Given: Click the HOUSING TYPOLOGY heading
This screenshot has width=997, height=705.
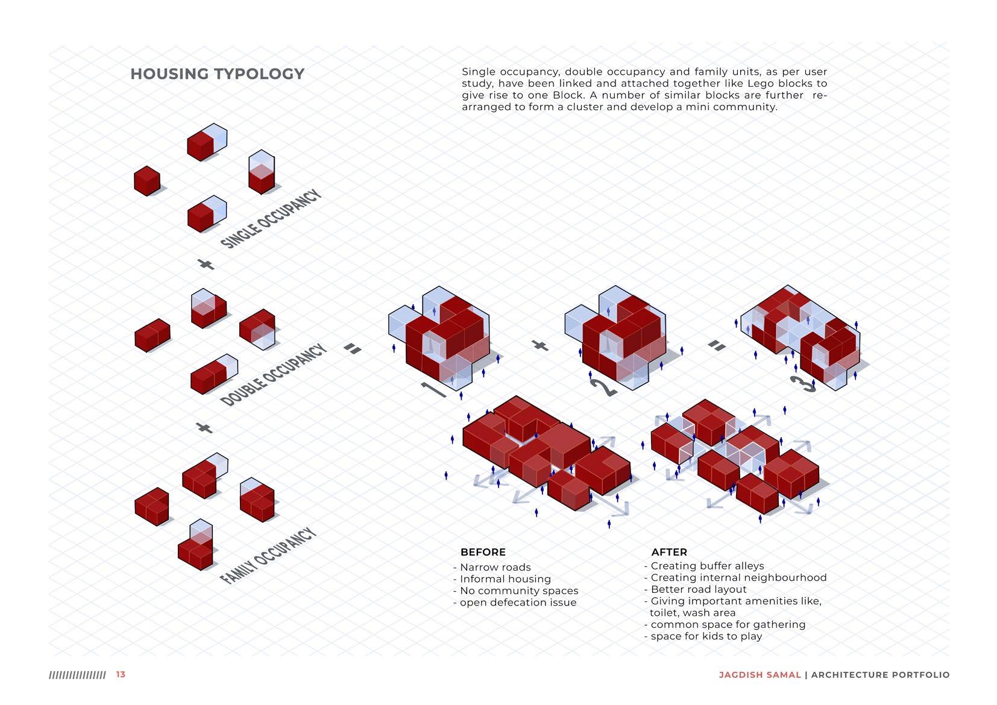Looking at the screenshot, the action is (217, 74).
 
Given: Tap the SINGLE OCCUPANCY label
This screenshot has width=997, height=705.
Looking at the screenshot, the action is (271, 219).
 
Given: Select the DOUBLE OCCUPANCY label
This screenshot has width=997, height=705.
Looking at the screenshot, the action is (274, 375).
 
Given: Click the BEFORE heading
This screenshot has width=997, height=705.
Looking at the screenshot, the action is (483, 552).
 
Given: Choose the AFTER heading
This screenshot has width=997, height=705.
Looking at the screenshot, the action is (669, 552).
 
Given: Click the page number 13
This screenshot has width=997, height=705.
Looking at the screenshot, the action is (121, 674).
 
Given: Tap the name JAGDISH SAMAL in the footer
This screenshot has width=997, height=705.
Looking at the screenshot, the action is (760, 675).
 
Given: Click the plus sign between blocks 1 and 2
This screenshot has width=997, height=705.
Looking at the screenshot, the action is (541, 345).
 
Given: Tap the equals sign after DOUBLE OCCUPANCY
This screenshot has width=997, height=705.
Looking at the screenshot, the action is (353, 348).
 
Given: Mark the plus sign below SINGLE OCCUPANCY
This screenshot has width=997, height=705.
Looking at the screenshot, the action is (206, 264).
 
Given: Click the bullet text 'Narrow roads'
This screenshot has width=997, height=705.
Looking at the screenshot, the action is (495, 568).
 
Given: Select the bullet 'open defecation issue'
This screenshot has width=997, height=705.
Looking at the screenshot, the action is (518, 603).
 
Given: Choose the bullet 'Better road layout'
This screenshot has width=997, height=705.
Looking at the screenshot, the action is (698, 589).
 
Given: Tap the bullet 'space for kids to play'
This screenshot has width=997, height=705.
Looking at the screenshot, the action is (706, 636).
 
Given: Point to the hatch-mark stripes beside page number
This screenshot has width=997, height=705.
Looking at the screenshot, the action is (77, 675).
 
